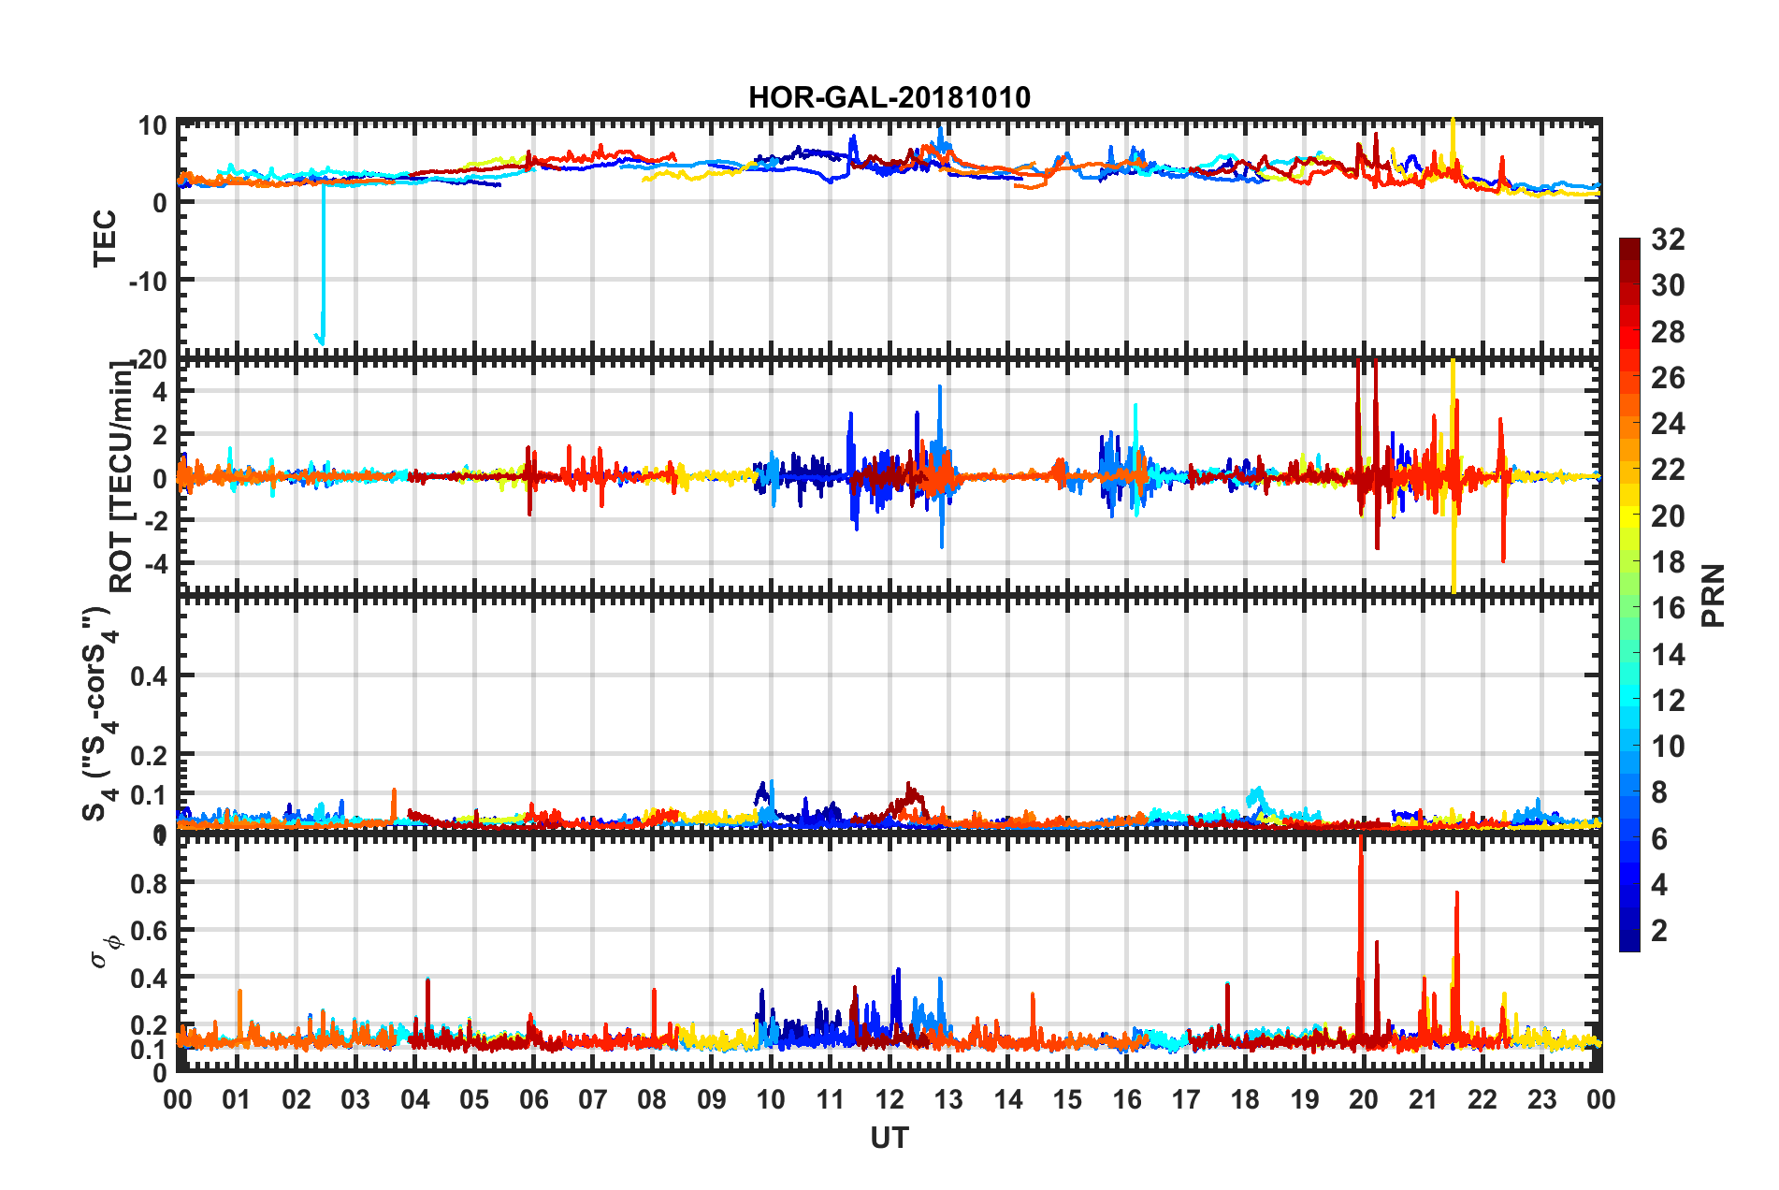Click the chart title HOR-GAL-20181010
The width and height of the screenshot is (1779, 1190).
point(889,97)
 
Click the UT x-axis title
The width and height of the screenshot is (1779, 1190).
point(889,1138)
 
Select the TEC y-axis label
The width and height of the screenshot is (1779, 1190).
point(105,238)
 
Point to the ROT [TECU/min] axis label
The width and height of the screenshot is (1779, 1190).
point(122,477)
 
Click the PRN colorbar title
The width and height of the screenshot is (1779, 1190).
point(1714,595)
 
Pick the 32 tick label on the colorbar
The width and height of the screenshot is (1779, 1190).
point(1668,239)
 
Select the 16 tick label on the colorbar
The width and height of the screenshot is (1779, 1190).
point(1668,608)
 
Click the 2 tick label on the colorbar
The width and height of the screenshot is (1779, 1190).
point(1659,930)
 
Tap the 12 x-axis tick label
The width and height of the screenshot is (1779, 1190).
point(889,1099)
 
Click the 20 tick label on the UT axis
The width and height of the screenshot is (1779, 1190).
point(1364,1099)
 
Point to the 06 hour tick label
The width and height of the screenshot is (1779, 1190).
point(533,1099)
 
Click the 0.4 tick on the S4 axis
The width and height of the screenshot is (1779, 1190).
point(150,675)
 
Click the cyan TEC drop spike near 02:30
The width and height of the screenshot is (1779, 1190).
point(323,281)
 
